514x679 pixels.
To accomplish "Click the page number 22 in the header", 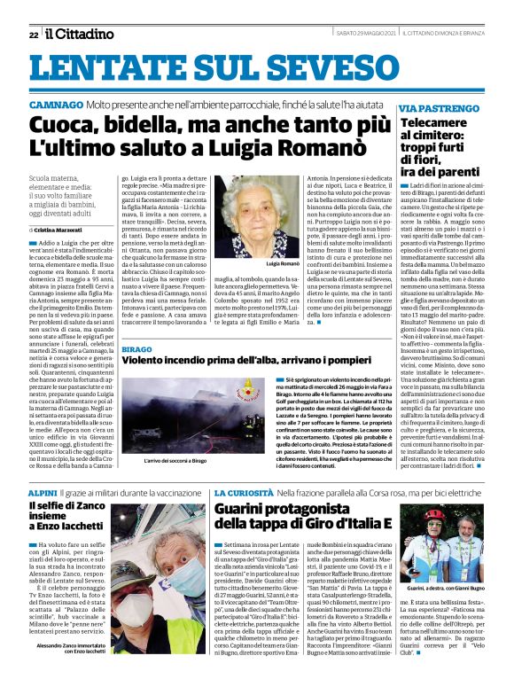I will pos(33,35).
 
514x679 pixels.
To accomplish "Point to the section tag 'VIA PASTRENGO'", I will pos(440,107).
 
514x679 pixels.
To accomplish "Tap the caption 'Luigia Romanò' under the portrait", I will pos(258,264).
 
